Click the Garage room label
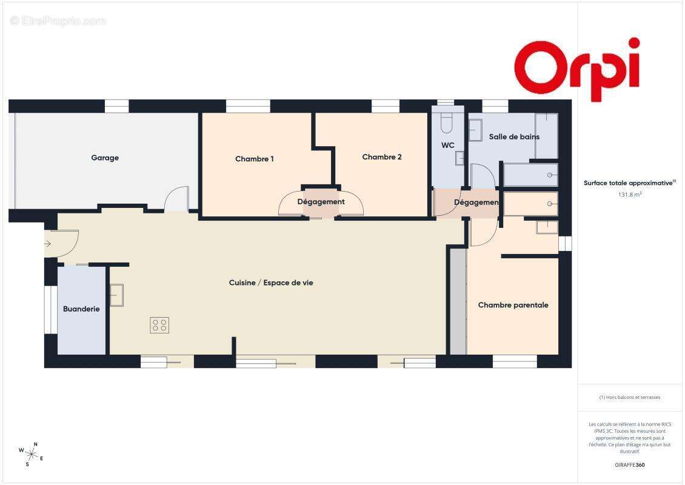click(105, 158)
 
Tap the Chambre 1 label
click(254, 159)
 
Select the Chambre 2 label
click(382, 157)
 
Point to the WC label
click(448, 145)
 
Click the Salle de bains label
click(514, 137)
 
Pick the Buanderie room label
click(81, 309)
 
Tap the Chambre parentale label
click(513, 305)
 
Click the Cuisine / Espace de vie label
click(271, 283)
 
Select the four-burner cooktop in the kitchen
click(159, 325)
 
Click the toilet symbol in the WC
click(446, 123)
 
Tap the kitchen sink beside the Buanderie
click(116, 295)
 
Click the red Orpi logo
click(577, 70)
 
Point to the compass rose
click(31, 455)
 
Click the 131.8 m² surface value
click(629, 195)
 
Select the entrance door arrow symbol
click(48, 244)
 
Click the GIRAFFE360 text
click(629, 465)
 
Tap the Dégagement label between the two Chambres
click(321, 202)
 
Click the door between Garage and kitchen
click(176, 199)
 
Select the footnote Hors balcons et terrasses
click(629, 397)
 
